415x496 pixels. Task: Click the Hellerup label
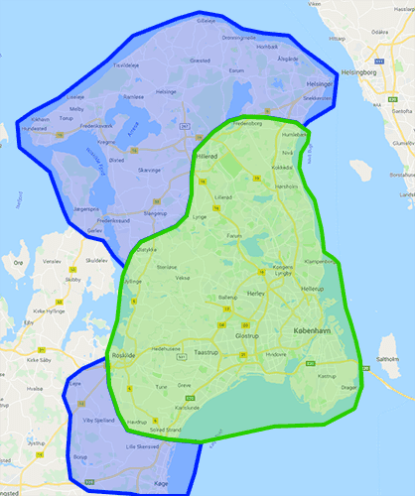(x=311, y=288)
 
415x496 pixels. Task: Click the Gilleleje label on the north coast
(x=206, y=20)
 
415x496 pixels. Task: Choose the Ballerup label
(x=227, y=297)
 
